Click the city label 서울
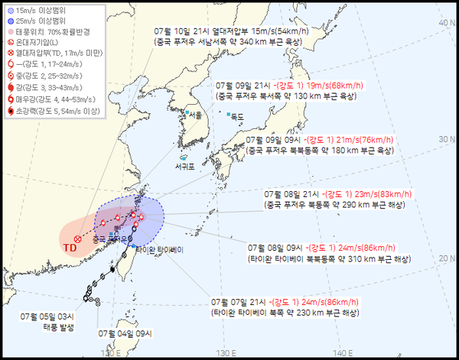195,115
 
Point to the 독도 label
236,117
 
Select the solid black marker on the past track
112,270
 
